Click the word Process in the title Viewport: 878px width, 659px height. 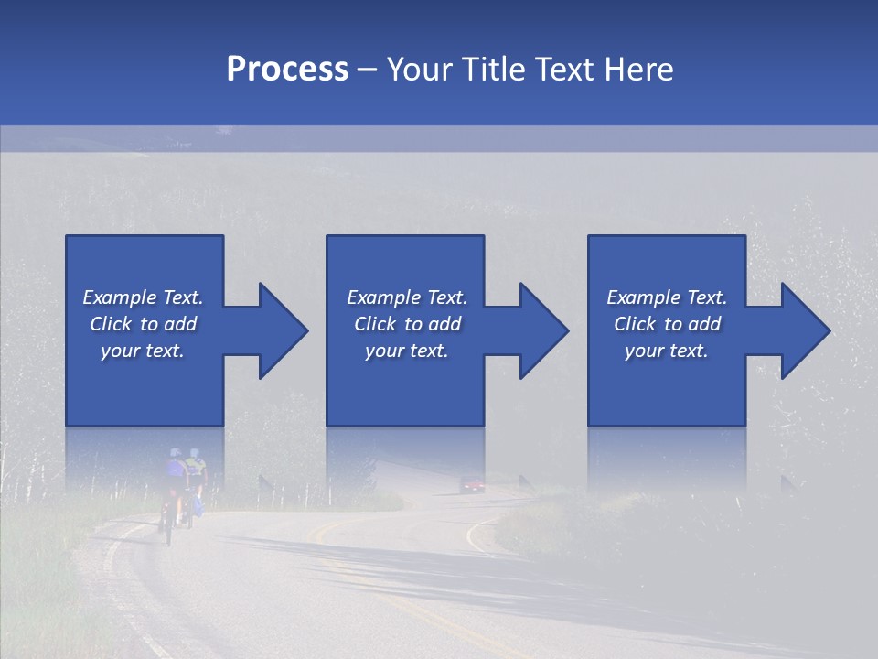pos(287,70)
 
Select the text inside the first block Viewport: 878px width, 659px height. pos(143,324)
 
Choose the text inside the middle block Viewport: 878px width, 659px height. pos(407,324)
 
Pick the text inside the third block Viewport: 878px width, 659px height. pos(667,324)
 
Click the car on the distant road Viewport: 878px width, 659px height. pos(472,484)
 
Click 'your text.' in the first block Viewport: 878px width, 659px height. pos(143,351)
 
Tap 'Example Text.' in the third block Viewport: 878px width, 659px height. pos(667,297)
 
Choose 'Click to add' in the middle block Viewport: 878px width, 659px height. pos(407,324)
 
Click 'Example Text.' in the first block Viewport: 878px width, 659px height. pos(143,297)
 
